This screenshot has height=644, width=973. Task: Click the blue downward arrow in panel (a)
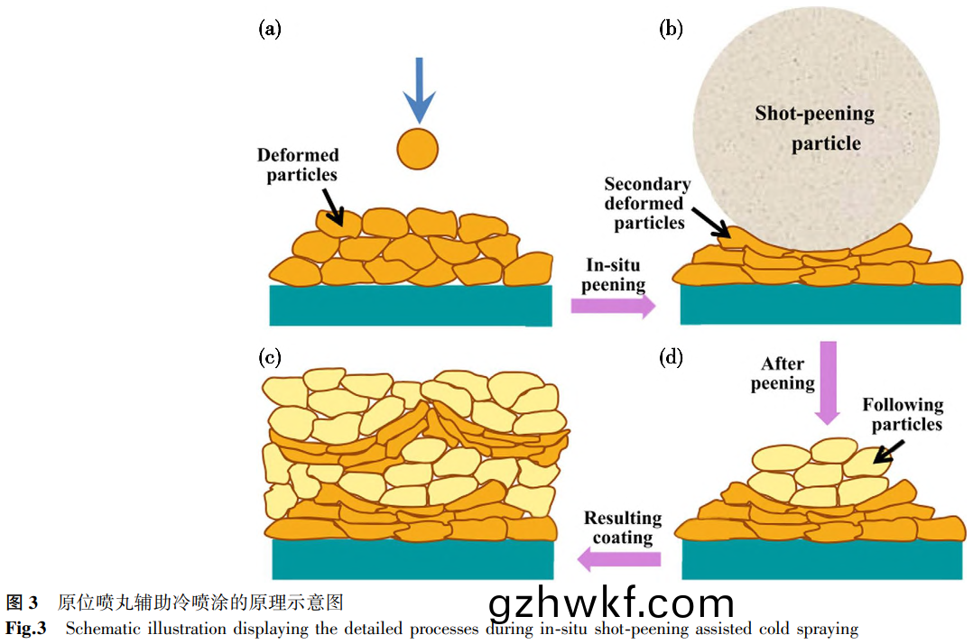coord(418,90)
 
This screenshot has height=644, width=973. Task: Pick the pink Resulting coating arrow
coord(618,560)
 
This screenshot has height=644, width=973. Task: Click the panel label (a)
coord(270,29)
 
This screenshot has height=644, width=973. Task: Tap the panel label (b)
coord(671,29)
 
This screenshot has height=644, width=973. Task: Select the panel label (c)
coord(270,357)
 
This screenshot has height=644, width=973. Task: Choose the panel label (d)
coord(671,357)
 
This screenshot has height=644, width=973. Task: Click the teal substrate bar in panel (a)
coord(411,306)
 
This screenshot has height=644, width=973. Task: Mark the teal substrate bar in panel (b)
coord(820,305)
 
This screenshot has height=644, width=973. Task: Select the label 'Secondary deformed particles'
coord(646,203)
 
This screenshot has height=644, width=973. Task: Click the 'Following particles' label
coord(902,415)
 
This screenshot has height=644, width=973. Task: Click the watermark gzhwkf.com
coord(611,605)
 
